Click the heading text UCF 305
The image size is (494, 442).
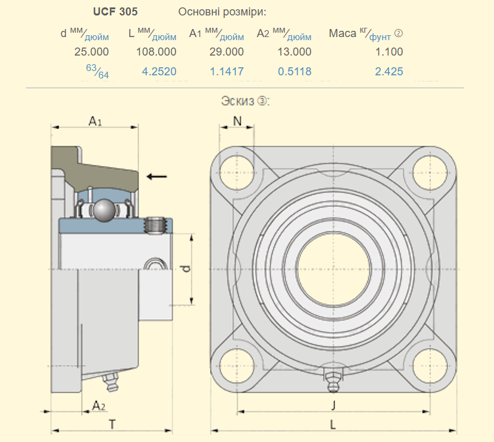point(115,12)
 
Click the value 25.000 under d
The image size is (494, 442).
point(91,52)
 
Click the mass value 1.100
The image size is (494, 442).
point(389,52)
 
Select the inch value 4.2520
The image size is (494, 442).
point(159,72)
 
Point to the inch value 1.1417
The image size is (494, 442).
point(227,72)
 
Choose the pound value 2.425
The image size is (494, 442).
point(389,72)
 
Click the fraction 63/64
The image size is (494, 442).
point(98,72)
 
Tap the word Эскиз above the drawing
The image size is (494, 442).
point(238,100)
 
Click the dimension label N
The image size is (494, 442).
point(238,121)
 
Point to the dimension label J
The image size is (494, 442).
point(333,405)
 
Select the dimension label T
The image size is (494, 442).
point(112,424)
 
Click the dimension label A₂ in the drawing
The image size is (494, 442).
point(98,406)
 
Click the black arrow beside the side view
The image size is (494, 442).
point(157,177)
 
